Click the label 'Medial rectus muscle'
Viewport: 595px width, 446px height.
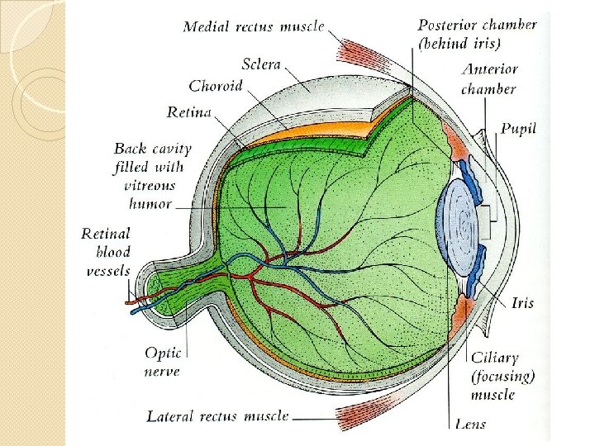[x=254, y=26]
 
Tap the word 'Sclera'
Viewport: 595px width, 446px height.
[x=261, y=64]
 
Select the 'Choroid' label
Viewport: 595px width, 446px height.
[x=216, y=86]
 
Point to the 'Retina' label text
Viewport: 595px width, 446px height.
[x=189, y=111]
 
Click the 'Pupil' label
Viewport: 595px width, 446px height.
[x=518, y=129]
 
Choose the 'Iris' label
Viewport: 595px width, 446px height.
[x=522, y=303]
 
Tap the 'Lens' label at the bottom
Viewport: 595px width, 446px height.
[x=470, y=424]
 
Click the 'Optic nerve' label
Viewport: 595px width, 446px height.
[x=163, y=362]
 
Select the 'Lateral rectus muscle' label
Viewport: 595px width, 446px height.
[x=217, y=416]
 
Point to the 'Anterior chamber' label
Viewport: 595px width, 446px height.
[x=488, y=79]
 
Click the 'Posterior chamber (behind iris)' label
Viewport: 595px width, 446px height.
[x=477, y=34]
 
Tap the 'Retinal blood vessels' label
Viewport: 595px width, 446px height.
[x=107, y=252]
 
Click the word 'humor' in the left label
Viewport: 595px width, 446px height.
[x=150, y=204]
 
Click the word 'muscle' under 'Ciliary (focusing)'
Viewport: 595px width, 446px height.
[x=494, y=394]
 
